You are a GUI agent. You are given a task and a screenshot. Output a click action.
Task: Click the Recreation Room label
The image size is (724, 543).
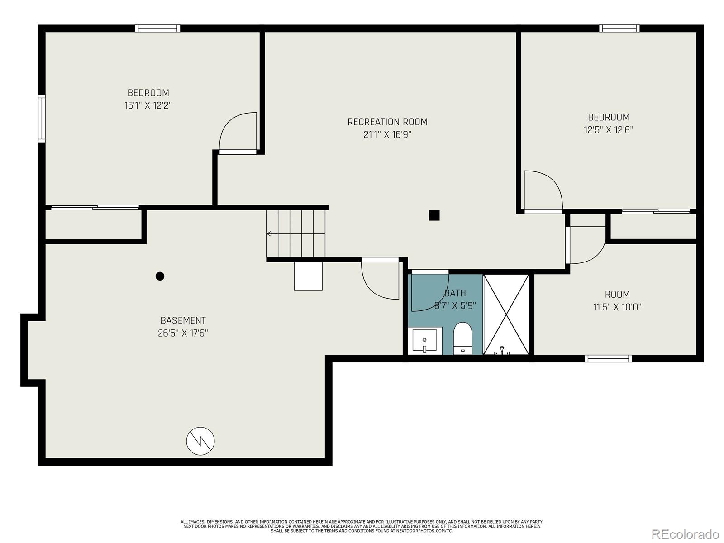tap(387, 122)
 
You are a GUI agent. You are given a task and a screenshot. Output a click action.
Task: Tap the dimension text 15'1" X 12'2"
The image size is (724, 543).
tap(148, 106)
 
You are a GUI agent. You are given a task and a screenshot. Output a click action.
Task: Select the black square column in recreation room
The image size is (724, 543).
tap(434, 215)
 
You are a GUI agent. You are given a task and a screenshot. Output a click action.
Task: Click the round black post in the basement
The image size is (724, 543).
tap(160, 276)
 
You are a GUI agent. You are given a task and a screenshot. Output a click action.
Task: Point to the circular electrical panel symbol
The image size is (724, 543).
tap(200, 441)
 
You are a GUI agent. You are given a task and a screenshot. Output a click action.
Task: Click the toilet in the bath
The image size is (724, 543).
tap(462, 337)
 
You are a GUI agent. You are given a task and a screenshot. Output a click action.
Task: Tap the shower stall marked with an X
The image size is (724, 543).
tap(506, 314)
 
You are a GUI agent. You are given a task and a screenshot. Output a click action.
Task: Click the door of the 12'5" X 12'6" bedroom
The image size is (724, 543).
tap(542, 191)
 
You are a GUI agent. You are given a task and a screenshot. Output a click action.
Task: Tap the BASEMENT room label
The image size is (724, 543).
tap(183, 320)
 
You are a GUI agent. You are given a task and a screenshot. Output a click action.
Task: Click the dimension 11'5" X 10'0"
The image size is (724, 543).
tap(617, 307)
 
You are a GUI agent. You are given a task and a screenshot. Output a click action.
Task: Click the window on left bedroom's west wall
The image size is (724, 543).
tap(42, 119)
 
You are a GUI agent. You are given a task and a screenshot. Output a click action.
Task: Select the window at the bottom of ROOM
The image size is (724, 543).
tap(608, 358)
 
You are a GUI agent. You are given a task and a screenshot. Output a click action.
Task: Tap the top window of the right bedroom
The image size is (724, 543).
tap(619, 29)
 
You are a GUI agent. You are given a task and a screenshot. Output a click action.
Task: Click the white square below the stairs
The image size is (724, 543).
tap(308, 276)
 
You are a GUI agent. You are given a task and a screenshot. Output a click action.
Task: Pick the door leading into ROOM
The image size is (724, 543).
tap(586, 244)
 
